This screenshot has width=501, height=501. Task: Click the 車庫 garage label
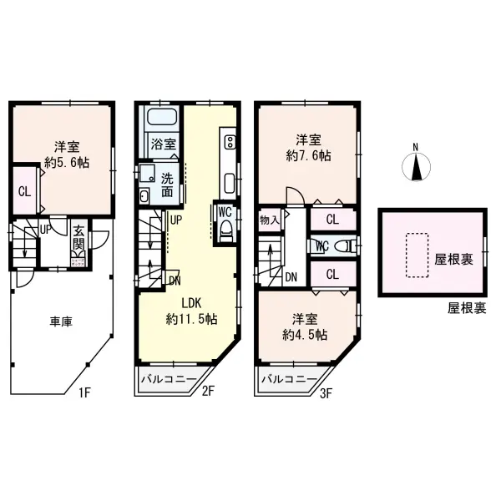[x=58, y=321]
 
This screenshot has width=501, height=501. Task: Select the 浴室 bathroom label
[x=163, y=144]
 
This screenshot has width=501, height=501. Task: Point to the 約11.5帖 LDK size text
[x=192, y=319]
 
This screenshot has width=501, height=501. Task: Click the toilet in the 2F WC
[x=223, y=232]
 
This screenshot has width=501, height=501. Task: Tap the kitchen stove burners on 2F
[x=229, y=139]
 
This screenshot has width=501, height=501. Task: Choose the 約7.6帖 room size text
[x=307, y=155]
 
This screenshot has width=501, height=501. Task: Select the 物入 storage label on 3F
[x=270, y=220]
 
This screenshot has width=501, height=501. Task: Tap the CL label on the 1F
[x=24, y=190]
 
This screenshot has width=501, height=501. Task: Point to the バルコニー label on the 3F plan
[x=288, y=380]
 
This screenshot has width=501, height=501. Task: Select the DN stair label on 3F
[x=291, y=278]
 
